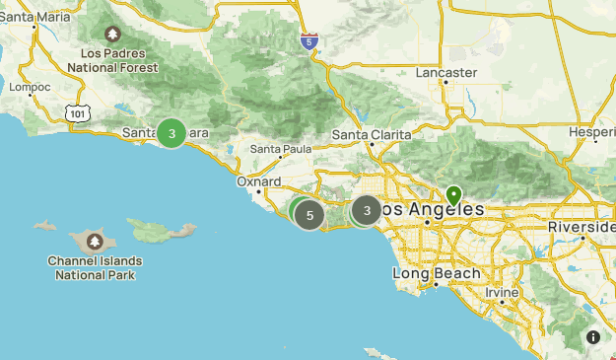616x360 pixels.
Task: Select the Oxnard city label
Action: coord(259,181)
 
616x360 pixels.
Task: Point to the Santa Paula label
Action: coord(281,149)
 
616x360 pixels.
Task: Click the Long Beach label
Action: coord(436,273)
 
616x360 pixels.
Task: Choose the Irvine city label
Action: coord(503,294)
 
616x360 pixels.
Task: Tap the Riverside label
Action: coord(583,227)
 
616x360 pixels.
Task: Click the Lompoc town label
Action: coord(29,87)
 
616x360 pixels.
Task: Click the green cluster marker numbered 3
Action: coord(172,133)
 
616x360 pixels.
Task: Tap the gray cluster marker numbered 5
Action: coord(309,215)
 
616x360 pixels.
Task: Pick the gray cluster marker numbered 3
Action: coord(367,210)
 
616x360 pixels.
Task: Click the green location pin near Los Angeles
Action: coord(453,194)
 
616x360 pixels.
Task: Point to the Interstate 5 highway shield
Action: coord(310,42)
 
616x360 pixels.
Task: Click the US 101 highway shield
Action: coord(78,114)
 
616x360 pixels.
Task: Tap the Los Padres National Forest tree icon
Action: coord(113,34)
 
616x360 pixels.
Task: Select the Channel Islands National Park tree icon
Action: coord(95,241)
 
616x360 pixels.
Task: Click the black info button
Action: coord(593,337)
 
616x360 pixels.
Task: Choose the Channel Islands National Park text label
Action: coord(95,268)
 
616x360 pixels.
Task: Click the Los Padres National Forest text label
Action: coord(113,60)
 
